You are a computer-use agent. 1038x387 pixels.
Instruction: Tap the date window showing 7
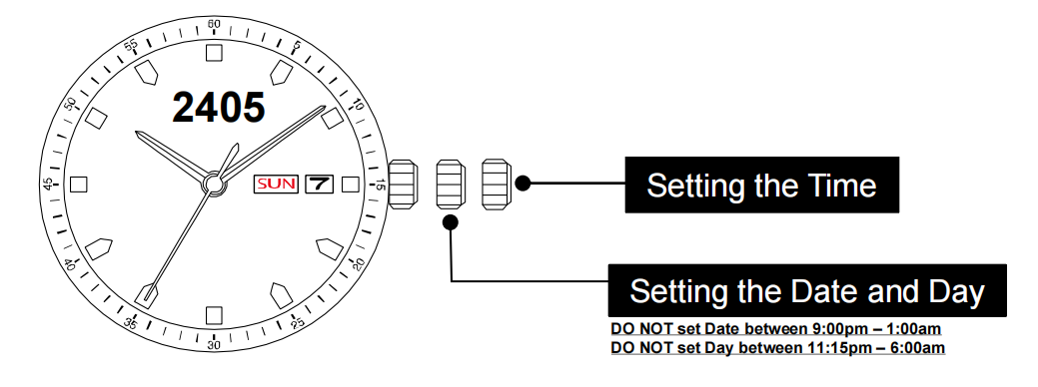click(x=320, y=185)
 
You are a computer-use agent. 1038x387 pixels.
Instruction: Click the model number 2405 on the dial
click(x=219, y=108)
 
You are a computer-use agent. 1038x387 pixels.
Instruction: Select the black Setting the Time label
click(x=761, y=185)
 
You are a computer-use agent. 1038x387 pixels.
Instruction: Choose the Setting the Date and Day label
click(x=807, y=291)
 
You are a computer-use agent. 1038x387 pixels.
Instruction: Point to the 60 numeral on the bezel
click(x=214, y=24)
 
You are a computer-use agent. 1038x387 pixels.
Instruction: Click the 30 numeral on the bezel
click(x=214, y=344)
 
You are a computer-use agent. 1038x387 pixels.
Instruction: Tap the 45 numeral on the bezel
click(x=48, y=185)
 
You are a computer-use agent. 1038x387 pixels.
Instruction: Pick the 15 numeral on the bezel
click(x=379, y=185)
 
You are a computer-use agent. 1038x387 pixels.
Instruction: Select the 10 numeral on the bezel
click(x=357, y=104)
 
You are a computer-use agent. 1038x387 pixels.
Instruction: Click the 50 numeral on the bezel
click(x=70, y=104)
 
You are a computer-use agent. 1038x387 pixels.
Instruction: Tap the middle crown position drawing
click(x=451, y=185)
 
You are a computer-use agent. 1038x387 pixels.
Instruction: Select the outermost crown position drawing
click(x=496, y=185)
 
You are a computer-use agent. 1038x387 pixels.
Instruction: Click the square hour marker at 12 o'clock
click(x=214, y=53)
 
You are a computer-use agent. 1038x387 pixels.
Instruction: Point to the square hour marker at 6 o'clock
click(x=214, y=315)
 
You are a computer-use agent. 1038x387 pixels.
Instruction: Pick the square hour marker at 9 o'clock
click(x=80, y=185)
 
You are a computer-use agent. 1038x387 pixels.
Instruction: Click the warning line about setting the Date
click(x=777, y=329)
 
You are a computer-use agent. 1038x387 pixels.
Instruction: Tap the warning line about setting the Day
click(x=777, y=348)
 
